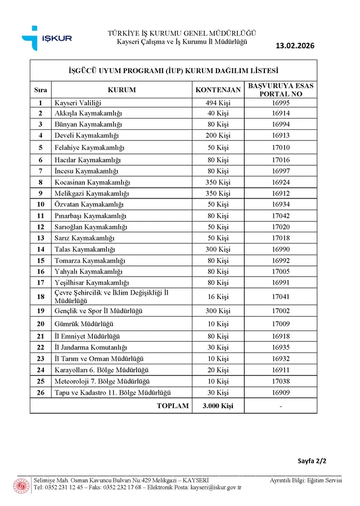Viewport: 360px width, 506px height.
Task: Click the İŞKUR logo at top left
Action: coord(47,38)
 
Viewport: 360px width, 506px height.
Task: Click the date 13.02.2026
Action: coord(296,46)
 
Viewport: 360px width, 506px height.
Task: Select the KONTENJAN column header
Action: coord(218,90)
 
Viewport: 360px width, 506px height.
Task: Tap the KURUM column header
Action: coord(121,90)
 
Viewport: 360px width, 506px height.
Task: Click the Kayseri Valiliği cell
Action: coord(77,103)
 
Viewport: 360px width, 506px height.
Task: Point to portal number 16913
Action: coord(280,135)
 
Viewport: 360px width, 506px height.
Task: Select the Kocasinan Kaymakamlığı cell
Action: coord(92,183)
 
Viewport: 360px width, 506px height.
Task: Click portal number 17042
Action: coord(280,216)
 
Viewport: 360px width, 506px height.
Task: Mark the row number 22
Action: coord(40,347)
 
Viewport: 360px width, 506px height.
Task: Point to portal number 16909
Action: coord(280,392)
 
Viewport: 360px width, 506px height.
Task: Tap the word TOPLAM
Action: coord(173,405)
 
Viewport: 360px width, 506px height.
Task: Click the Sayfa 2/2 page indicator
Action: coord(312,461)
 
